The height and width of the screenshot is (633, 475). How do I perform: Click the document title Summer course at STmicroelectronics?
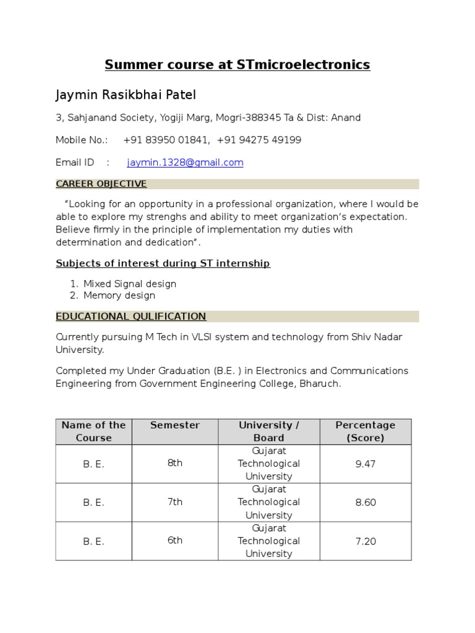[x=237, y=64]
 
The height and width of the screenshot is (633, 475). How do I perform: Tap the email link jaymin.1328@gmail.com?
[x=185, y=163]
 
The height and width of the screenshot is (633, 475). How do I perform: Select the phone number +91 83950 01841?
[x=166, y=140]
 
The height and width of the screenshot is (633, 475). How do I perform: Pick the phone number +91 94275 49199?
[x=259, y=140]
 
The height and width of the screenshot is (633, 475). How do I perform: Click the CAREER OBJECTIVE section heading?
[x=101, y=184]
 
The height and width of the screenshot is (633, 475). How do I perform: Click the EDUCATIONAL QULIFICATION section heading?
[x=131, y=316]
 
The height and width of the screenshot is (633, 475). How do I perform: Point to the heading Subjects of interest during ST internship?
[x=163, y=263]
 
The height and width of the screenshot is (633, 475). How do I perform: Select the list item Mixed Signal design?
[x=130, y=284]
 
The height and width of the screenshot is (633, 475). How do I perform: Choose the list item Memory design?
[x=119, y=295]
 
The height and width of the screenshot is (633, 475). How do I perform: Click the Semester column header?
[x=175, y=425]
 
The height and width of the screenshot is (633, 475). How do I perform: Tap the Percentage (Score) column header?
[x=365, y=431]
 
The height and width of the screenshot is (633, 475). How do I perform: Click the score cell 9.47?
[x=365, y=464]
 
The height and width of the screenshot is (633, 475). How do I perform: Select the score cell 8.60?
[x=365, y=503]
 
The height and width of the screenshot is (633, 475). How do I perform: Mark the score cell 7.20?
[x=365, y=542]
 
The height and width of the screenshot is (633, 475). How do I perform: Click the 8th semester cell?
[x=175, y=463]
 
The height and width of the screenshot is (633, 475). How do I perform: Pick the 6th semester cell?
[x=175, y=540]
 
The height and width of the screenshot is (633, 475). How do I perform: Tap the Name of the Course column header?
[x=93, y=431]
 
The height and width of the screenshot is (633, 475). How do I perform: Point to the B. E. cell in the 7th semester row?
[x=93, y=503]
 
